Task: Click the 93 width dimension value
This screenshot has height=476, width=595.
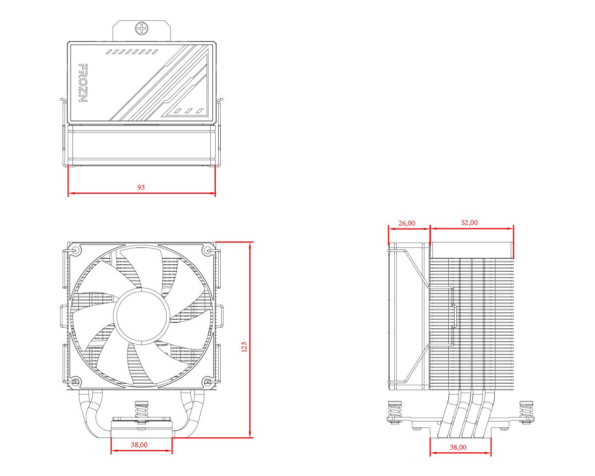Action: (x=141, y=187)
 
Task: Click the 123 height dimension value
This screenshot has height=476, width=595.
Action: (x=243, y=347)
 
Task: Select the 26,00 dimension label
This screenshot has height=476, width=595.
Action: (x=407, y=223)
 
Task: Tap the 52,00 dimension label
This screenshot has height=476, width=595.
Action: (x=470, y=223)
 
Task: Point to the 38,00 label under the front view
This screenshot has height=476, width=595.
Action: (x=139, y=445)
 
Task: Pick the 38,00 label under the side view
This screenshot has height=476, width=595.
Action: (x=458, y=447)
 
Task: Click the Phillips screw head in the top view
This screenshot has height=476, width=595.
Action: (x=142, y=28)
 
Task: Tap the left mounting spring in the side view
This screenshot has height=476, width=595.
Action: (x=395, y=411)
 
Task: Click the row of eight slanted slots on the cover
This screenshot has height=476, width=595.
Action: (x=132, y=52)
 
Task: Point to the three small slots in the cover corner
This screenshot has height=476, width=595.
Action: (x=190, y=111)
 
